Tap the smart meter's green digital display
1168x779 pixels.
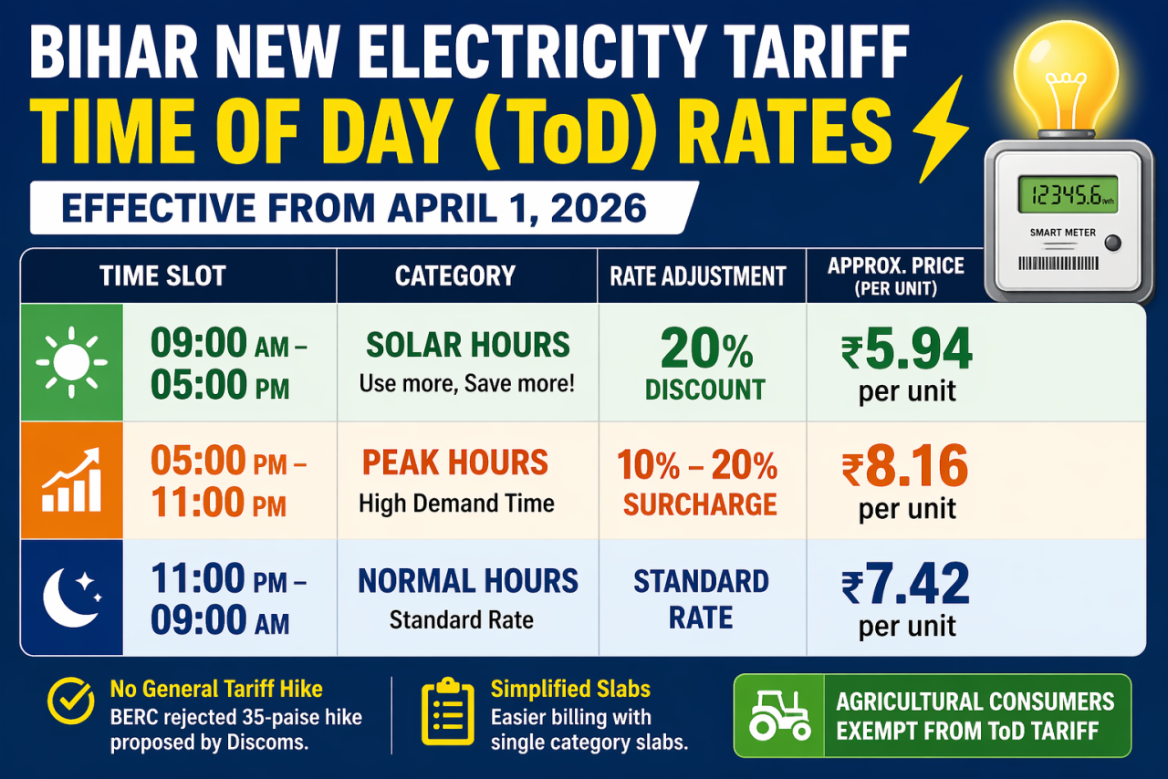click(1067, 195)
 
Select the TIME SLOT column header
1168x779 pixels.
click(162, 275)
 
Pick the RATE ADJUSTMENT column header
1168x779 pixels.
click(698, 276)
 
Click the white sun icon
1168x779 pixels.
click(71, 362)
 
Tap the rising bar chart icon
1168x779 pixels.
click(71, 480)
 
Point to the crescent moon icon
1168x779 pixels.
click(71, 597)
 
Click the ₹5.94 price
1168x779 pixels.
click(906, 349)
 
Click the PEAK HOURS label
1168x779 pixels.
click(455, 463)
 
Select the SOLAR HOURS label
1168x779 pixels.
click(467, 346)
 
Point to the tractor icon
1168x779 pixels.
click(779, 715)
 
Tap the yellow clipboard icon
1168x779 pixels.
click(447, 714)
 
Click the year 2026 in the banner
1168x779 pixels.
click(599, 208)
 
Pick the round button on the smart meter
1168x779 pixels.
click(1111, 243)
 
